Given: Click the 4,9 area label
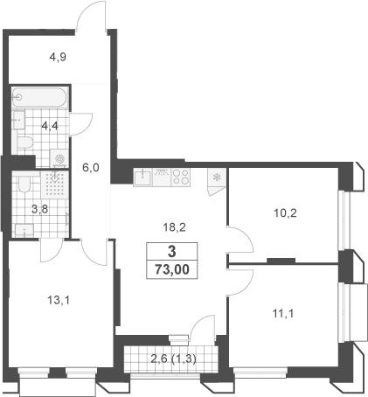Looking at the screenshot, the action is [58, 57].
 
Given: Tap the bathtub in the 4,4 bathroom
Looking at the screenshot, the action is [40, 97].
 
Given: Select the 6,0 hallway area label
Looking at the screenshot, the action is [91, 168].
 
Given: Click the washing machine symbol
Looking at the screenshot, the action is [59, 158].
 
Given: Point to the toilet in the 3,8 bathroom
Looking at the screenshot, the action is [24, 183].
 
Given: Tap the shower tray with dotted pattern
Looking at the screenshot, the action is [55, 184].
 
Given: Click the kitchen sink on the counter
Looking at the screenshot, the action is [142, 178].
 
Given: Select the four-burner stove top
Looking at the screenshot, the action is [181, 178].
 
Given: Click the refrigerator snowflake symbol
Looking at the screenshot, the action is [217, 177].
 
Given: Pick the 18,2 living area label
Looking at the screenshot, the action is [174, 227].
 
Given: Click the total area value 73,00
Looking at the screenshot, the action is [172, 269].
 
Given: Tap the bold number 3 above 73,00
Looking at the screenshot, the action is [172, 251].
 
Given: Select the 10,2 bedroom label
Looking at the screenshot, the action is [285, 213].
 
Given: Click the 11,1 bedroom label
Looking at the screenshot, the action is [283, 314].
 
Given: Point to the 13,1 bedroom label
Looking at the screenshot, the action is [59, 300].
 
